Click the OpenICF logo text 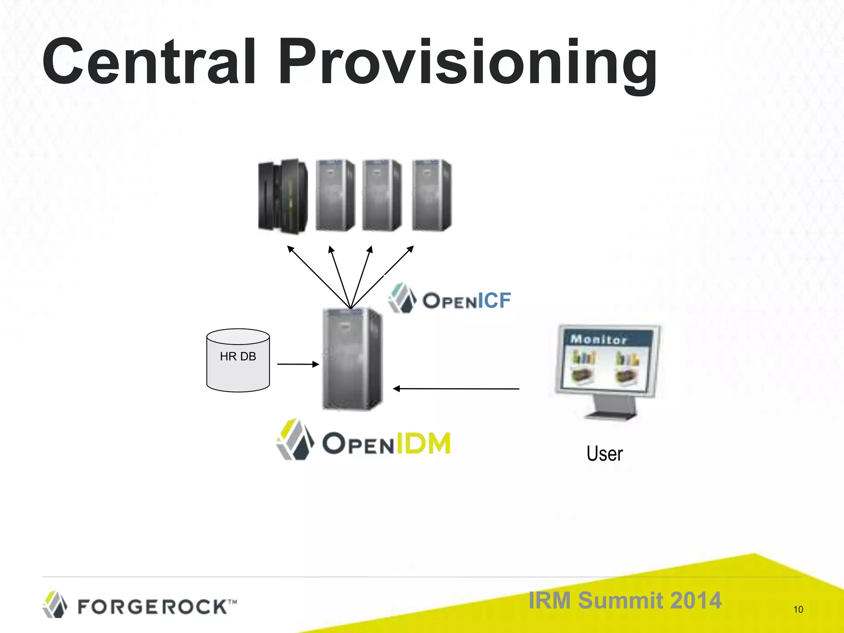coord(467,300)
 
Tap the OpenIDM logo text coord(386,443)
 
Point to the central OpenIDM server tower coord(352,359)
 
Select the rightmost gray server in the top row coord(431,195)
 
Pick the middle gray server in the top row coord(382,195)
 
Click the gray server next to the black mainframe coord(335,195)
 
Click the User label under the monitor coord(605,454)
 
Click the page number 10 coord(798,610)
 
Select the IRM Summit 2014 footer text coord(625,600)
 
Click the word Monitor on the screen coord(598,339)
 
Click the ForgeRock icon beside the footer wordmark coord(55,605)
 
